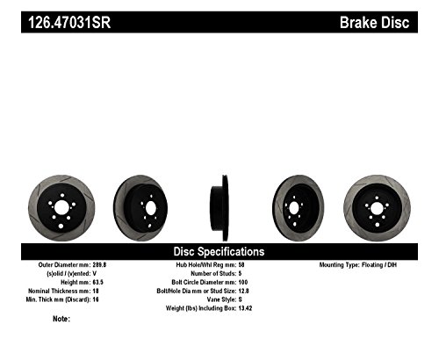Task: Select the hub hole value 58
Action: tap(241, 263)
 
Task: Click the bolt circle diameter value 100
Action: tap(243, 281)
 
